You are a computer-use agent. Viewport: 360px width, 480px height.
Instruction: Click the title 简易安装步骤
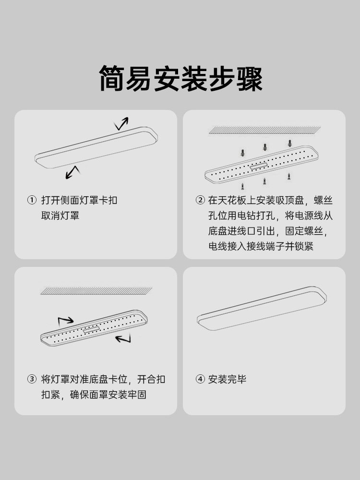point(180,78)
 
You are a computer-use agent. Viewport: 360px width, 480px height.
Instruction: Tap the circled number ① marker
point(32,200)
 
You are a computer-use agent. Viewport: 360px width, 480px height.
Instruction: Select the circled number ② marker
point(200,200)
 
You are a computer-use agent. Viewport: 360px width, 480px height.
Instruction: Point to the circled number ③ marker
point(32,379)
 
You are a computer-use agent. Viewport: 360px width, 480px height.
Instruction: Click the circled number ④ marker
point(200,379)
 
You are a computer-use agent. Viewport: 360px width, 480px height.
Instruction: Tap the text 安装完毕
point(228,379)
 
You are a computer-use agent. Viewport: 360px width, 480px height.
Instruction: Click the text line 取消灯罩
point(60,216)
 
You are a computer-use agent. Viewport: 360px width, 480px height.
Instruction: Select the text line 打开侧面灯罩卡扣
point(79,200)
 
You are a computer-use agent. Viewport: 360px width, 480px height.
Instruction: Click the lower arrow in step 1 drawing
point(72,172)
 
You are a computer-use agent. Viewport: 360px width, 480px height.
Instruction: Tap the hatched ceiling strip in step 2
point(264,130)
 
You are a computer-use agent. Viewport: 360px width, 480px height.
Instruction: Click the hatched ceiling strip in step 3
point(96,291)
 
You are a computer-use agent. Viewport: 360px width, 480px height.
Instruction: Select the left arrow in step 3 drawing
point(66,320)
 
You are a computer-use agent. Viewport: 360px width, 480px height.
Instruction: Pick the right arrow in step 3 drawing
point(123,339)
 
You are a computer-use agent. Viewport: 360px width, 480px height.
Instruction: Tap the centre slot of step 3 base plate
point(91,330)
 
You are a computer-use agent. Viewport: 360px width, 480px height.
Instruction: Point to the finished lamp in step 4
point(262,308)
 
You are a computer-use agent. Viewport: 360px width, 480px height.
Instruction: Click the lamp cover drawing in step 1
point(96,148)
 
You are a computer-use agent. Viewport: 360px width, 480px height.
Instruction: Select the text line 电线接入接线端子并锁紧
point(261,246)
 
